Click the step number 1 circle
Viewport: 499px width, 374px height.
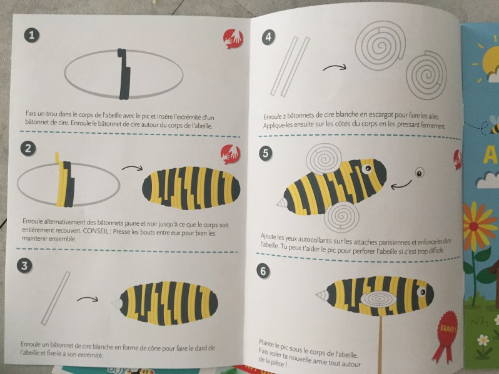pos(32,35)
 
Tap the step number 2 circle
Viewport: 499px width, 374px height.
pos(28,148)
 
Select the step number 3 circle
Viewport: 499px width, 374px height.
pos(24,265)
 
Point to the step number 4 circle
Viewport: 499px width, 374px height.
pos(269,38)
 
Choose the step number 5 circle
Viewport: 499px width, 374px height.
pos(266,153)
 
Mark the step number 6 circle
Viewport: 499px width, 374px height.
pos(263,271)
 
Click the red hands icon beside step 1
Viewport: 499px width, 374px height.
pos(233,39)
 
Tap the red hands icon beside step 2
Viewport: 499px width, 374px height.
pos(231,154)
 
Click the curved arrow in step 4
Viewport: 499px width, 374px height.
pos(335,67)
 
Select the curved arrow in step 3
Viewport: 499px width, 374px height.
pos(88,298)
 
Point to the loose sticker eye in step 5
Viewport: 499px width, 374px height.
pos(420,173)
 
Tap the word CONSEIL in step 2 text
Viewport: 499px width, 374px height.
pos(95,231)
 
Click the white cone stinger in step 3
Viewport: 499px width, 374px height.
pos(116,303)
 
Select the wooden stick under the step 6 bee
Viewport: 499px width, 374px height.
pos(381,345)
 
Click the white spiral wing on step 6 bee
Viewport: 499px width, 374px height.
pos(378,298)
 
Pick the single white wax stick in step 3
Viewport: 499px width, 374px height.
pos(56,298)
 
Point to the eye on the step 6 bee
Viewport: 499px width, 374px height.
pos(421,292)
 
